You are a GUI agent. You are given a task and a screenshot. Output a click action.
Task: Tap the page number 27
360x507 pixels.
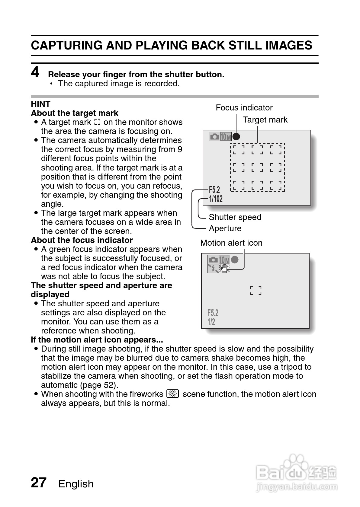tap(39, 483)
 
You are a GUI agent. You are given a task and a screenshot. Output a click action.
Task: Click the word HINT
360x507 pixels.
tap(40, 104)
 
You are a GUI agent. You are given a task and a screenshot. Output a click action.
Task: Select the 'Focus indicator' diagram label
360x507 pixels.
tap(244, 108)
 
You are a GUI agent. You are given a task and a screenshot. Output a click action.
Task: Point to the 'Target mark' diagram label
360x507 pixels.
tap(265, 120)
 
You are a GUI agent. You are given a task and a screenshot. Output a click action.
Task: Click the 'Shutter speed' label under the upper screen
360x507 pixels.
tap(235, 217)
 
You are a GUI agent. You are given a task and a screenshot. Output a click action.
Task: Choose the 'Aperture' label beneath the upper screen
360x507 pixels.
tap(225, 228)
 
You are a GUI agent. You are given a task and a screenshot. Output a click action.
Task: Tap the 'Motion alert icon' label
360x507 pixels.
tap(231, 243)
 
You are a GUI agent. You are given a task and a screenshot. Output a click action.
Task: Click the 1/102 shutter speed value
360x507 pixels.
tap(216, 199)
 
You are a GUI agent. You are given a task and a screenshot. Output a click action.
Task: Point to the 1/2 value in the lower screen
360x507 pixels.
tap(211, 322)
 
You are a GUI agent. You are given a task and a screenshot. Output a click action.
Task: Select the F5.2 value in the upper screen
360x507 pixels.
tap(214, 190)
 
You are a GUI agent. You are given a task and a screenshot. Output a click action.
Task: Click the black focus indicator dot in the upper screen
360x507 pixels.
tap(236, 137)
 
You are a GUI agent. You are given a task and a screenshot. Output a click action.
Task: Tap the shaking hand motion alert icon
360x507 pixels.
tap(224, 268)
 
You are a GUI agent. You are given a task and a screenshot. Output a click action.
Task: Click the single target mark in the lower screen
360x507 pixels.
tap(256, 291)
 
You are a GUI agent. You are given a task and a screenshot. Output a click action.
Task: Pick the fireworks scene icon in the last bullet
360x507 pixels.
tap(173, 394)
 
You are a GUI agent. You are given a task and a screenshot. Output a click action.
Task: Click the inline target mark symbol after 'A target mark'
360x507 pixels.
tap(97, 122)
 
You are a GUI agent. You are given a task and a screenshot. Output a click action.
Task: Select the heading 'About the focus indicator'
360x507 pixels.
tap(82, 240)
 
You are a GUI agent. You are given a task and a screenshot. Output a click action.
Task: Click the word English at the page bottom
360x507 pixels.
tap(76, 484)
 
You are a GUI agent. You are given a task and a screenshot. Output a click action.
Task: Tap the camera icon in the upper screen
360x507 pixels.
tap(214, 137)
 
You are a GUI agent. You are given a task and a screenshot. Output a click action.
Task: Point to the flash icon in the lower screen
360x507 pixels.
tap(213, 268)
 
